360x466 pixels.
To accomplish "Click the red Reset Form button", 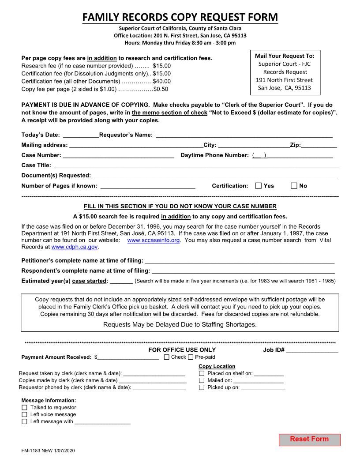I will (x=309, y=440).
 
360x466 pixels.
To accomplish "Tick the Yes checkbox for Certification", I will (x=259, y=186).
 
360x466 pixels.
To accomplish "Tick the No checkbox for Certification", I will (x=294, y=186).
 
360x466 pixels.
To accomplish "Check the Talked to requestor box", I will (x=24, y=408).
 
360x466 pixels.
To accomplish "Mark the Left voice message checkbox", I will (x=24, y=415).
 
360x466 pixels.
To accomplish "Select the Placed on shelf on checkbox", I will (x=202, y=373).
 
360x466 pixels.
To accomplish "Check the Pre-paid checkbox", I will (x=191, y=357).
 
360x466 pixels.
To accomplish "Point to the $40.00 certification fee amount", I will (x=161, y=81).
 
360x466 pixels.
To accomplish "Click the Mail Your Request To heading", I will (x=285, y=56).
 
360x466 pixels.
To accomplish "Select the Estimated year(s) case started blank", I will (x=121, y=281).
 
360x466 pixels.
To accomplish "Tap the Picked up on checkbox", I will (x=202, y=387).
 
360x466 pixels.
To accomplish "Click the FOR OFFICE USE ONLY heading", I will (x=182, y=350).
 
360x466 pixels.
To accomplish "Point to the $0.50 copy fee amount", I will (x=161, y=89).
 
